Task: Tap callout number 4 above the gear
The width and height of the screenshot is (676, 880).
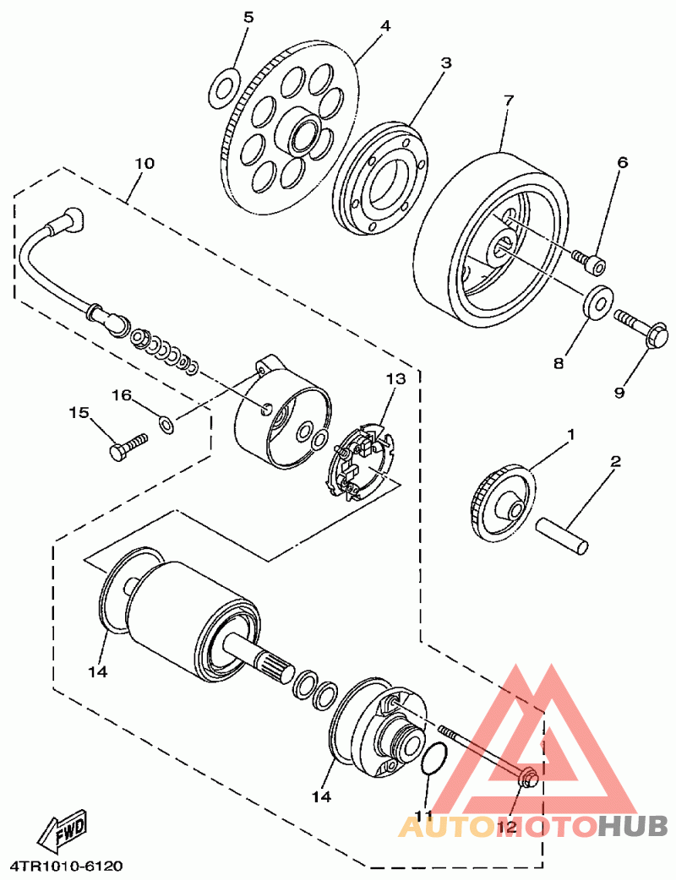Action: click(x=385, y=25)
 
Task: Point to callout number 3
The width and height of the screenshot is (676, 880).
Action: click(x=445, y=63)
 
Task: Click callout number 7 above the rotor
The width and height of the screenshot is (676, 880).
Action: click(x=508, y=100)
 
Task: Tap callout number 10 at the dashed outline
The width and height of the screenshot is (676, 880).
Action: click(x=144, y=163)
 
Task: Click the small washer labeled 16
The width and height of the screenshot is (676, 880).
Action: click(x=167, y=422)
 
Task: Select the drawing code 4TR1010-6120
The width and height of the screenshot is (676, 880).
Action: click(x=67, y=866)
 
